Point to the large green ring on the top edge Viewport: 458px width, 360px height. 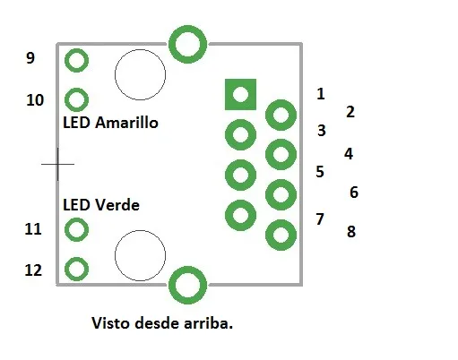tap(172, 44)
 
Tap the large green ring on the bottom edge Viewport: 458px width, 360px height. tap(172, 285)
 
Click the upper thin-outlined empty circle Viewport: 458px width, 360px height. tap(115, 74)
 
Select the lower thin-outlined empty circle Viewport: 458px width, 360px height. tap(115, 255)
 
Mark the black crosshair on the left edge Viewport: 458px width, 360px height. tap(57, 164)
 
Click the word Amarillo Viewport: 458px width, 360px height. tap(126, 123)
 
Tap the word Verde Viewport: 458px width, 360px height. tap(117, 205)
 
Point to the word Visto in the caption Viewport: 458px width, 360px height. tap(110, 323)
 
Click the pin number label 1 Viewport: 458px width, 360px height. tap(321, 94)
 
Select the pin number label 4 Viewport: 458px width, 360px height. tap(349, 154)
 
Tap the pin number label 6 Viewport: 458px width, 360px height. tap(354, 193)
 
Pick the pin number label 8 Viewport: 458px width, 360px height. tap(351, 231)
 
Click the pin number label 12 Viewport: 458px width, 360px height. tap(33, 270)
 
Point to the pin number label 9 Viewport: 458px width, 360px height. tap(30, 57)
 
